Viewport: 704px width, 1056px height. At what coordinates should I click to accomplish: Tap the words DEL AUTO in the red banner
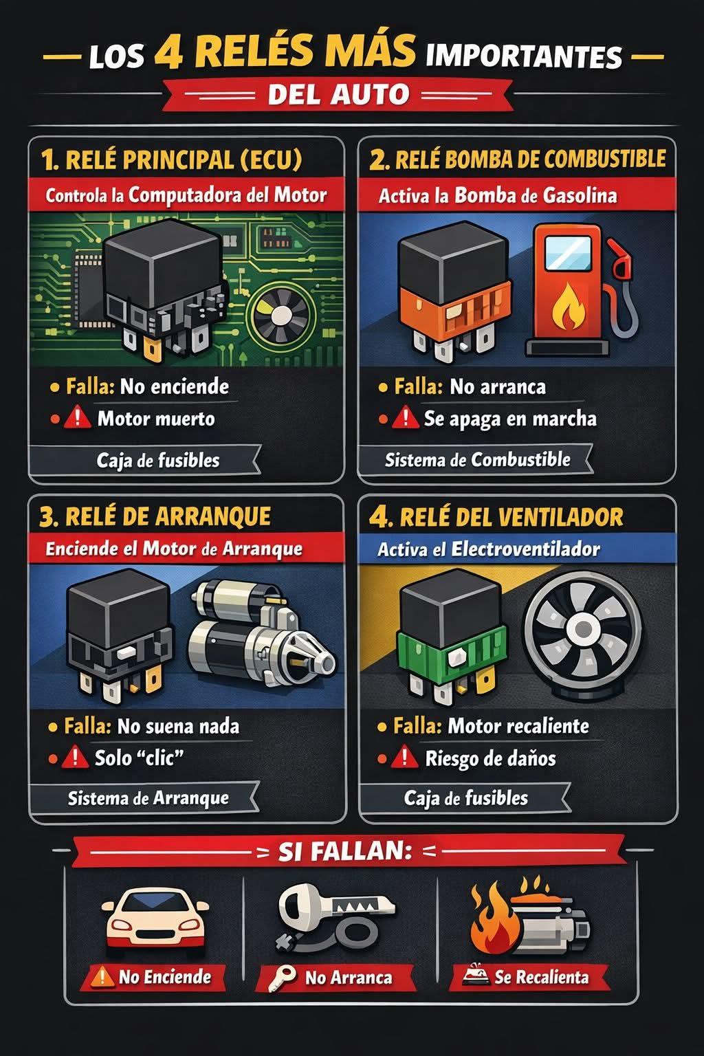click(338, 94)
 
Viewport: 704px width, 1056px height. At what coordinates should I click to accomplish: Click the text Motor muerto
click(156, 419)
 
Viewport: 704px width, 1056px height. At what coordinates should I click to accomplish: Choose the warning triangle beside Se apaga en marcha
click(404, 418)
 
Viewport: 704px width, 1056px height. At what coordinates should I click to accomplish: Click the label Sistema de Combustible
click(478, 460)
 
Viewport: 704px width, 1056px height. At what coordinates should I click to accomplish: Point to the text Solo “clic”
click(139, 758)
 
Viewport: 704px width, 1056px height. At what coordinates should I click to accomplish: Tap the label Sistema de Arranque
click(148, 799)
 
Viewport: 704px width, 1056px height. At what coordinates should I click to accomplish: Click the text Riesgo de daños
click(490, 759)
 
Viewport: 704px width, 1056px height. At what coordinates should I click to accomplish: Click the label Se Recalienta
click(541, 977)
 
